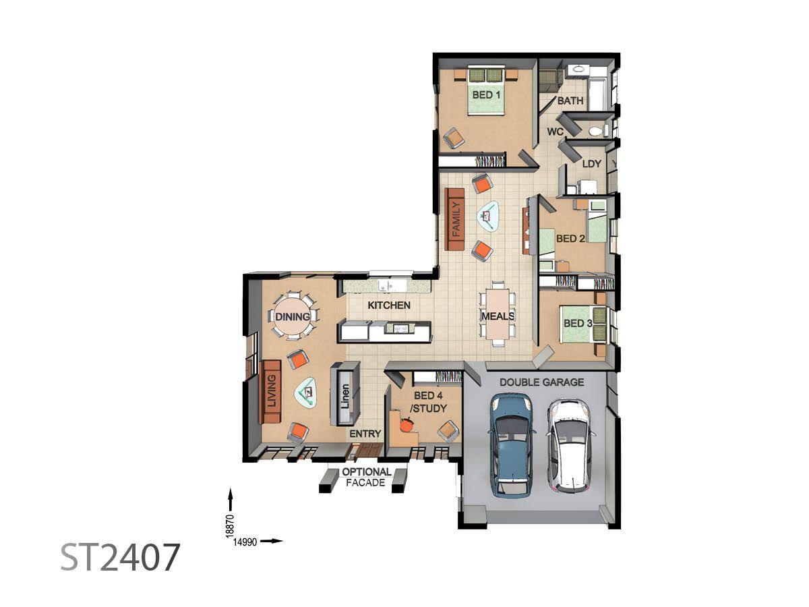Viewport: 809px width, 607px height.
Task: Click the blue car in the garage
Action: coord(512,445)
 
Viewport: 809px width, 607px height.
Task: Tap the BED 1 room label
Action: coord(486,94)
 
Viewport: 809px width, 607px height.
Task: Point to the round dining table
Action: coord(293,316)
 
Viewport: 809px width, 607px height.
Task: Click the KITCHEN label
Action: coord(389,305)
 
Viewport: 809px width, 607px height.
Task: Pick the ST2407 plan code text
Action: coord(120,557)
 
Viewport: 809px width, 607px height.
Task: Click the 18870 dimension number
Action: coord(229,526)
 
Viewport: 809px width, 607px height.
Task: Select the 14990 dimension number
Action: coord(245,542)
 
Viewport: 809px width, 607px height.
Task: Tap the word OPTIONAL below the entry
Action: coord(366,471)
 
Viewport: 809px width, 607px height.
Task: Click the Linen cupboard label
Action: coord(345,396)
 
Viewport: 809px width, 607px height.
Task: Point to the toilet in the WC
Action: coord(595,131)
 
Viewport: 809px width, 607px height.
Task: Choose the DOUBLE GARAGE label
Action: coord(541,382)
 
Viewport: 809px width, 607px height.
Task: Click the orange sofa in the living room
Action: coord(271,392)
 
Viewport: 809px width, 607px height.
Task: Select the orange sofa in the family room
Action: coord(454,219)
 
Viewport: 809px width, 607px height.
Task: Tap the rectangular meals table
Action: coord(498,314)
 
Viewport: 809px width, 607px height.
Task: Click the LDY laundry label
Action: coord(591,164)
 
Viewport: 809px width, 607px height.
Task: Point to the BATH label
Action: coord(570,100)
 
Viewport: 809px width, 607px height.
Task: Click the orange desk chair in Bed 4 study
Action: coord(407,424)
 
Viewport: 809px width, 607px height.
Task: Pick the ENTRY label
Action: coord(365,434)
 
